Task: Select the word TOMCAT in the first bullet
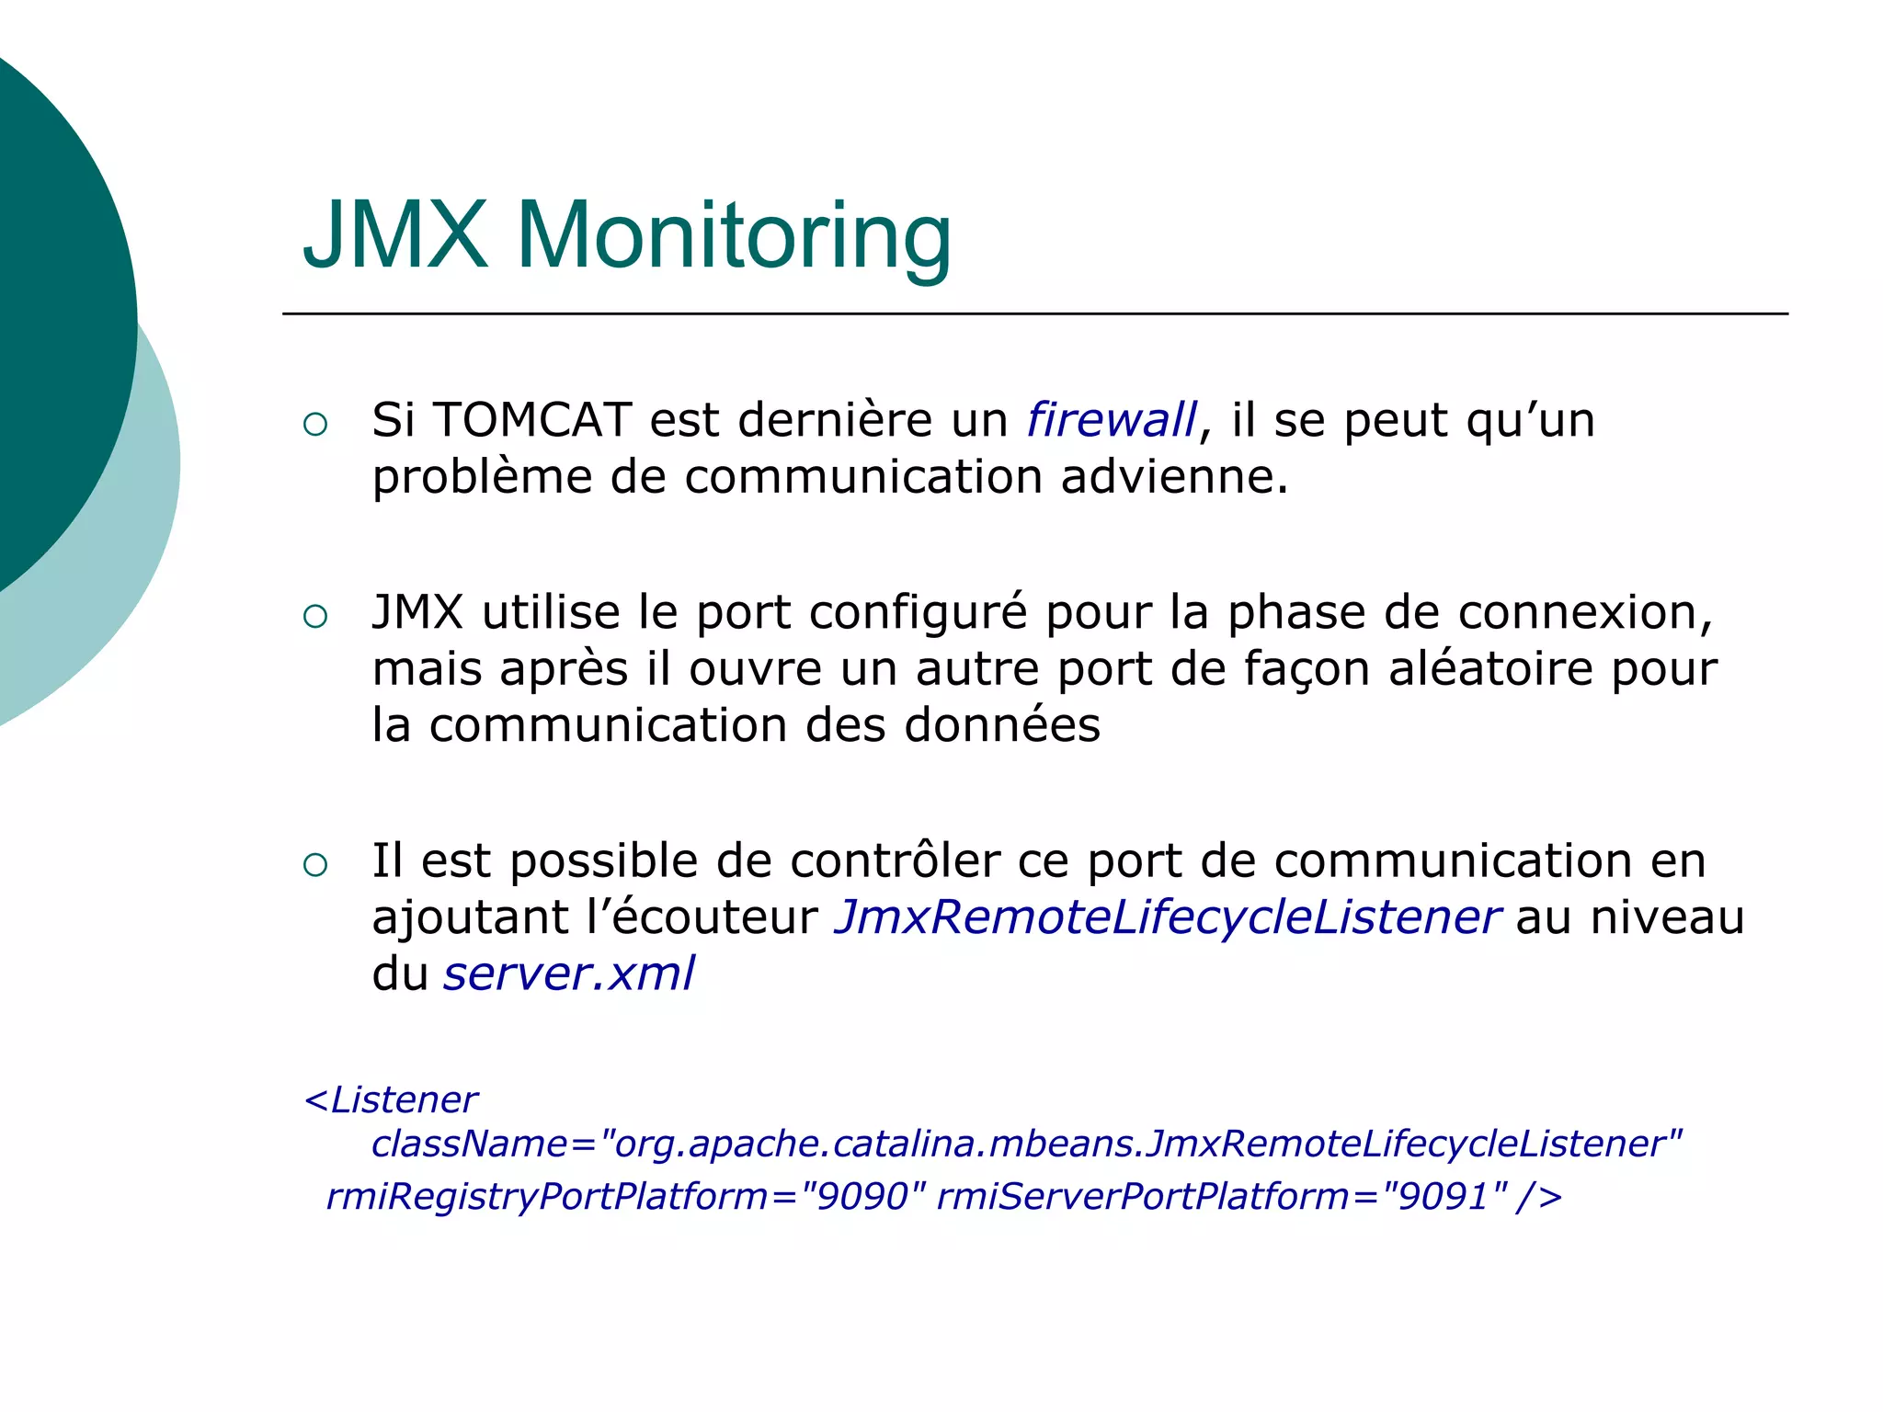point(531,420)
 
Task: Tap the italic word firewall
point(1112,420)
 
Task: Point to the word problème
point(481,477)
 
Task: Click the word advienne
point(1174,477)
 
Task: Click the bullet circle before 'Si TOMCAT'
point(315,424)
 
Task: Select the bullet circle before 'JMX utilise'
point(315,617)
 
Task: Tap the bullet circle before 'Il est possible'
point(315,864)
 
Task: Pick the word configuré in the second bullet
point(918,613)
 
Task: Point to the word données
point(1002,724)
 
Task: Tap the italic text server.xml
point(568,974)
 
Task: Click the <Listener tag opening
point(391,1099)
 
